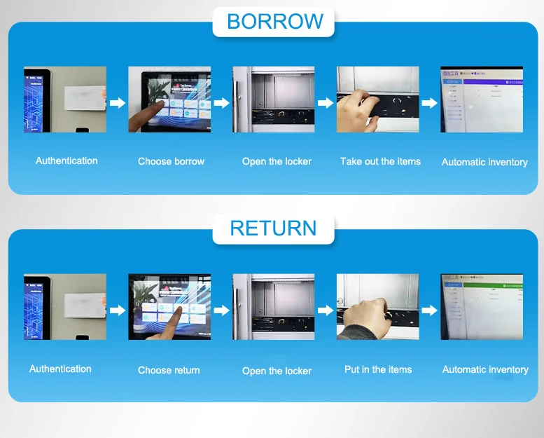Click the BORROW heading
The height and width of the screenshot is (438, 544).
pyautogui.click(x=274, y=21)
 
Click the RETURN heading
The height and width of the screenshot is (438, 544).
pyautogui.click(x=274, y=228)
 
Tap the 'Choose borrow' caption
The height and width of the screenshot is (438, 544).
pyautogui.click(x=171, y=161)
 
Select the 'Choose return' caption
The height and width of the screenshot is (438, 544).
pyautogui.click(x=169, y=370)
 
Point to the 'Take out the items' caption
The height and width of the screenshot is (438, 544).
pyautogui.click(x=380, y=161)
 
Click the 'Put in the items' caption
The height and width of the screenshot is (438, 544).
pyautogui.click(x=378, y=369)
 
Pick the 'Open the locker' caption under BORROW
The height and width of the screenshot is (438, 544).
pyautogui.click(x=277, y=161)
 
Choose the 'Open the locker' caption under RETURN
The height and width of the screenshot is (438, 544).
pyautogui.click(x=277, y=371)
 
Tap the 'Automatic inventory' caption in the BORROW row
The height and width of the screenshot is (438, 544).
pyautogui.click(x=484, y=162)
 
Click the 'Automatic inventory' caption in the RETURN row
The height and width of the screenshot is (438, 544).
pyautogui.click(x=485, y=369)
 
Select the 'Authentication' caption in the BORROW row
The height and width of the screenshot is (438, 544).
pyautogui.click(x=67, y=160)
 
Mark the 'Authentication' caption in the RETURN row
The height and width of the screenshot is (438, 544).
pyautogui.click(x=60, y=369)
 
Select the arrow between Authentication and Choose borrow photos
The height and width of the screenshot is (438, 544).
pyautogui.click(x=118, y=103)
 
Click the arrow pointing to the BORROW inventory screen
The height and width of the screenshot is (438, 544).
pyautogui.click(x=430, y=103)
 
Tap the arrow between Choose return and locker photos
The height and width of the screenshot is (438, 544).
pyautogui.click(x=222, y=310)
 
